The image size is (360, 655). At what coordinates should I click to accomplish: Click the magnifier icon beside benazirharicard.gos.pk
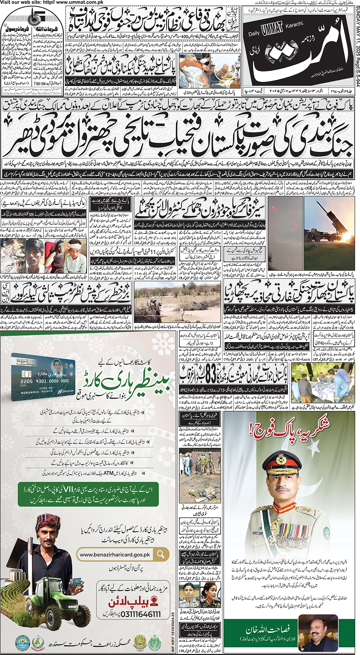(x=161, y=554)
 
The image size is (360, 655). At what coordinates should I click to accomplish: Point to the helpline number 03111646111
(x=134, y=614)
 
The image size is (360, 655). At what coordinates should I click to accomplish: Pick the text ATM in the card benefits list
(x=108, y=473)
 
